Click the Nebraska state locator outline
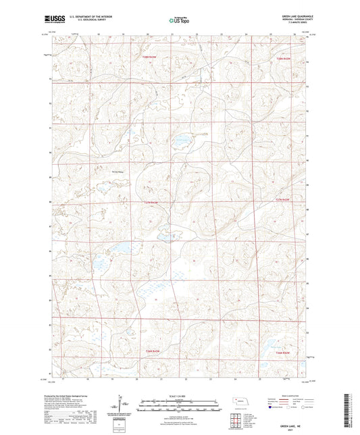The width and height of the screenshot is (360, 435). click(x=240, y=402)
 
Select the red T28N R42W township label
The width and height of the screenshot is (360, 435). click(x=282, y=60)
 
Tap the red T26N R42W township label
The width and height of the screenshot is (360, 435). click(x=282, y=352)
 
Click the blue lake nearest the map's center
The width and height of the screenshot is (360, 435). click(x=180, y=142)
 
